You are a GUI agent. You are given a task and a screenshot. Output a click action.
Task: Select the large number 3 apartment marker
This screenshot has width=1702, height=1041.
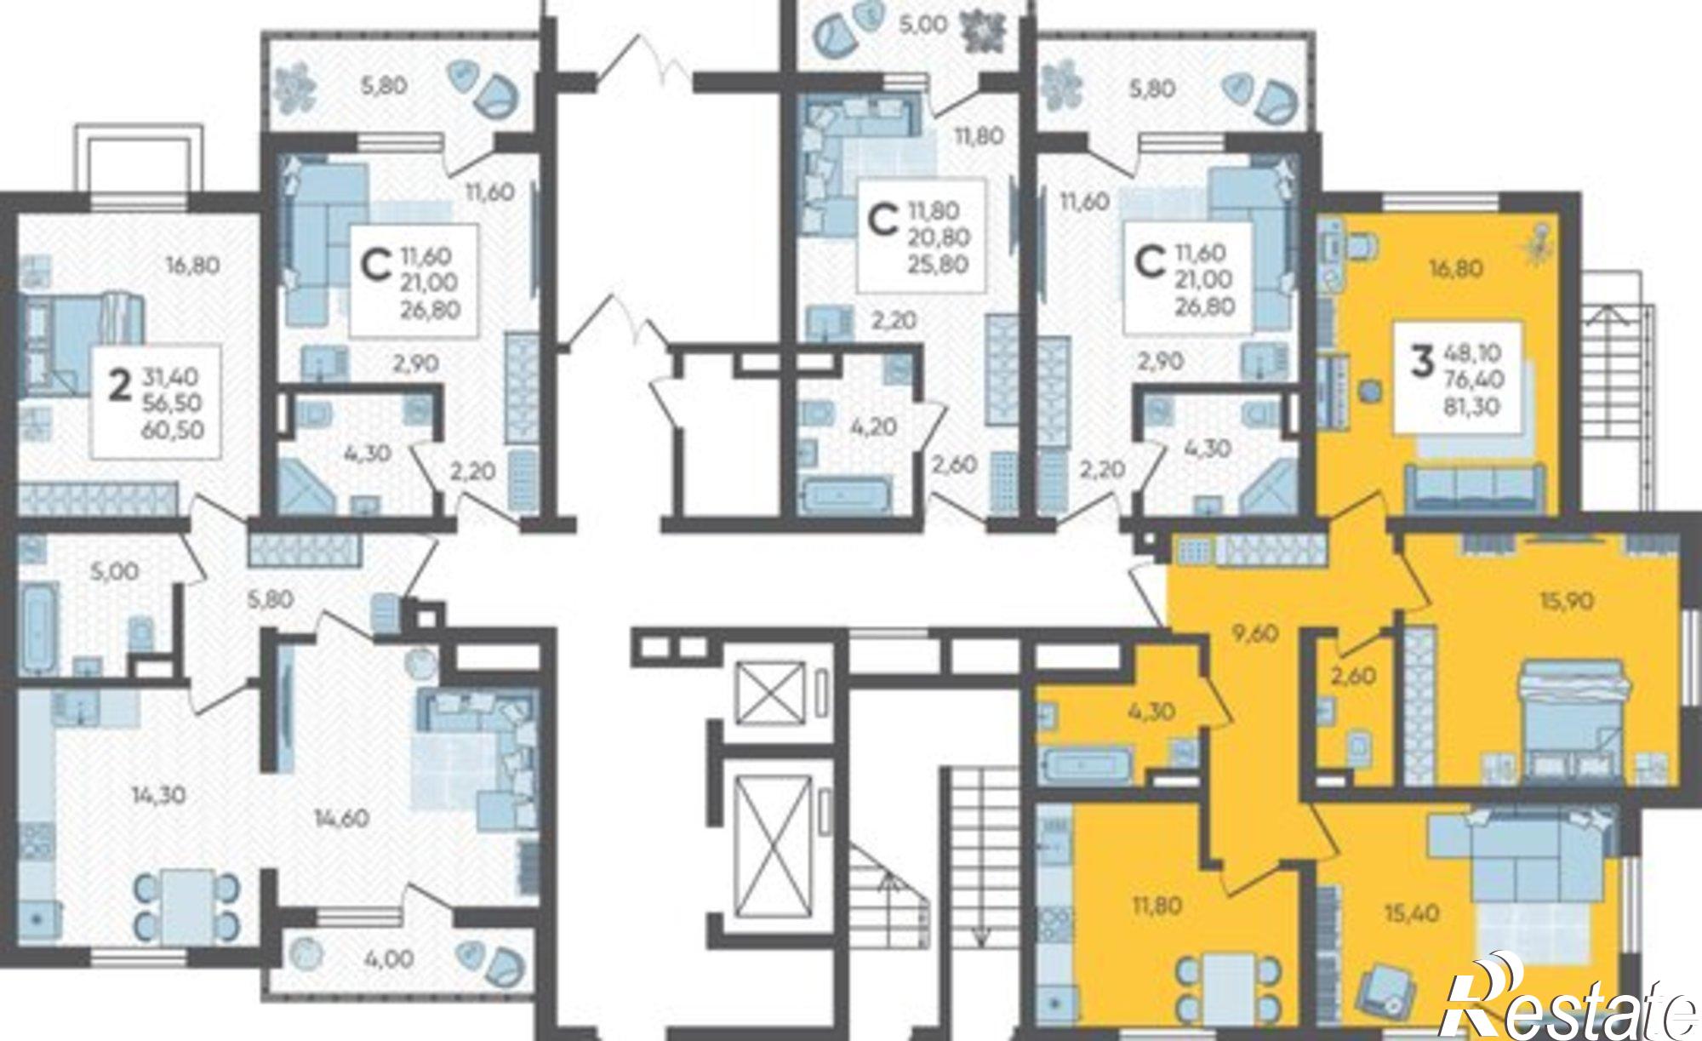(x=1420, y=361)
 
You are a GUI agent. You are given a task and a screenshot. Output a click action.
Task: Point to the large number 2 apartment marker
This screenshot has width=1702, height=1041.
(x=122, y=386)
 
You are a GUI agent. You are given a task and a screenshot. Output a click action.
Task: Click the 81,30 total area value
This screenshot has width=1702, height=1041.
(x=1471, y=407)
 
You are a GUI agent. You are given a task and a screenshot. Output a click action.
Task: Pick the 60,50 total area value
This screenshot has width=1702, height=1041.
(x=174, y=430)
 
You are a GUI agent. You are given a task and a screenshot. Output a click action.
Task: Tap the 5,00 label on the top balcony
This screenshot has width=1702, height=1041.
(x=923, y=25)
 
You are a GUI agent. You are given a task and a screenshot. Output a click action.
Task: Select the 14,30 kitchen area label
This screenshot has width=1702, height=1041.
(x=159, y=796)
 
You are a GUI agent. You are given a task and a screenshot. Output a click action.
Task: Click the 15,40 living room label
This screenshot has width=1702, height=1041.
(x=1412, y=913)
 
